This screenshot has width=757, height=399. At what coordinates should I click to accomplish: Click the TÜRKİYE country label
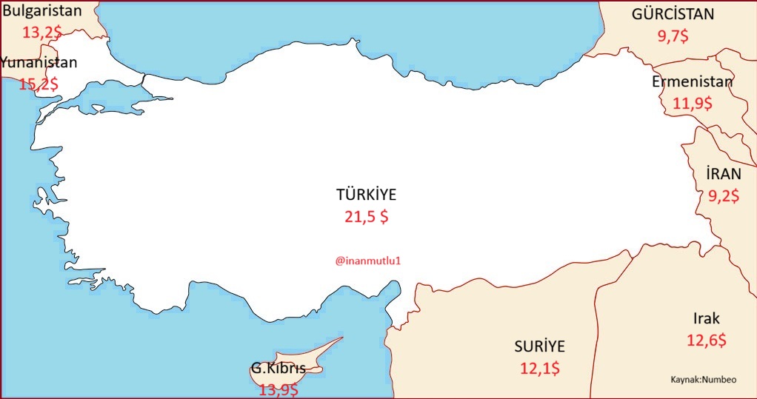(x=367, y=195)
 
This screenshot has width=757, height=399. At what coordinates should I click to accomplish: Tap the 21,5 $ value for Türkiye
(x=366, y=217)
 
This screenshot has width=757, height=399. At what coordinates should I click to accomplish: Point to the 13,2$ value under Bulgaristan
(x=41, y=33)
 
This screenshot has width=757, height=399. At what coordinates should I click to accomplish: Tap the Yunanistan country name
(x=39, y=63)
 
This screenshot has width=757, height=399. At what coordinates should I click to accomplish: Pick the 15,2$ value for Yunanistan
(x=39, y=84)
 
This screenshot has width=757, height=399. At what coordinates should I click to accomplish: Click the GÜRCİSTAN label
(x=673, y=14)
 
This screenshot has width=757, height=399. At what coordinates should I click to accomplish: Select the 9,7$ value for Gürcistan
(x=673, y=35)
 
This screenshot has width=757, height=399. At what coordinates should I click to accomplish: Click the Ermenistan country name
(x=692, y=81)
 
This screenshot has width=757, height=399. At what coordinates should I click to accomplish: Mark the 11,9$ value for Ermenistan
(x=692, y=104)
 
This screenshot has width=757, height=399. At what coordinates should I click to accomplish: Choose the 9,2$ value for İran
(x=723, y=197)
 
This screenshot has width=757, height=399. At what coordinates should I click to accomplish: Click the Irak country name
(x=706, y=319)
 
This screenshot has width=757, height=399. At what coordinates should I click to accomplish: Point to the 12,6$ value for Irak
(x=706, y=341)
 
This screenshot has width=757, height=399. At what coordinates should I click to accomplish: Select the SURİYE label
(x=540, y=346)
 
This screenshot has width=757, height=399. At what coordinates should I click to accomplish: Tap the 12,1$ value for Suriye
(x=540, y=367)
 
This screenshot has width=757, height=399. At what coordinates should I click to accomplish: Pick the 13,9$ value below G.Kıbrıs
(x=279, y=389)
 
